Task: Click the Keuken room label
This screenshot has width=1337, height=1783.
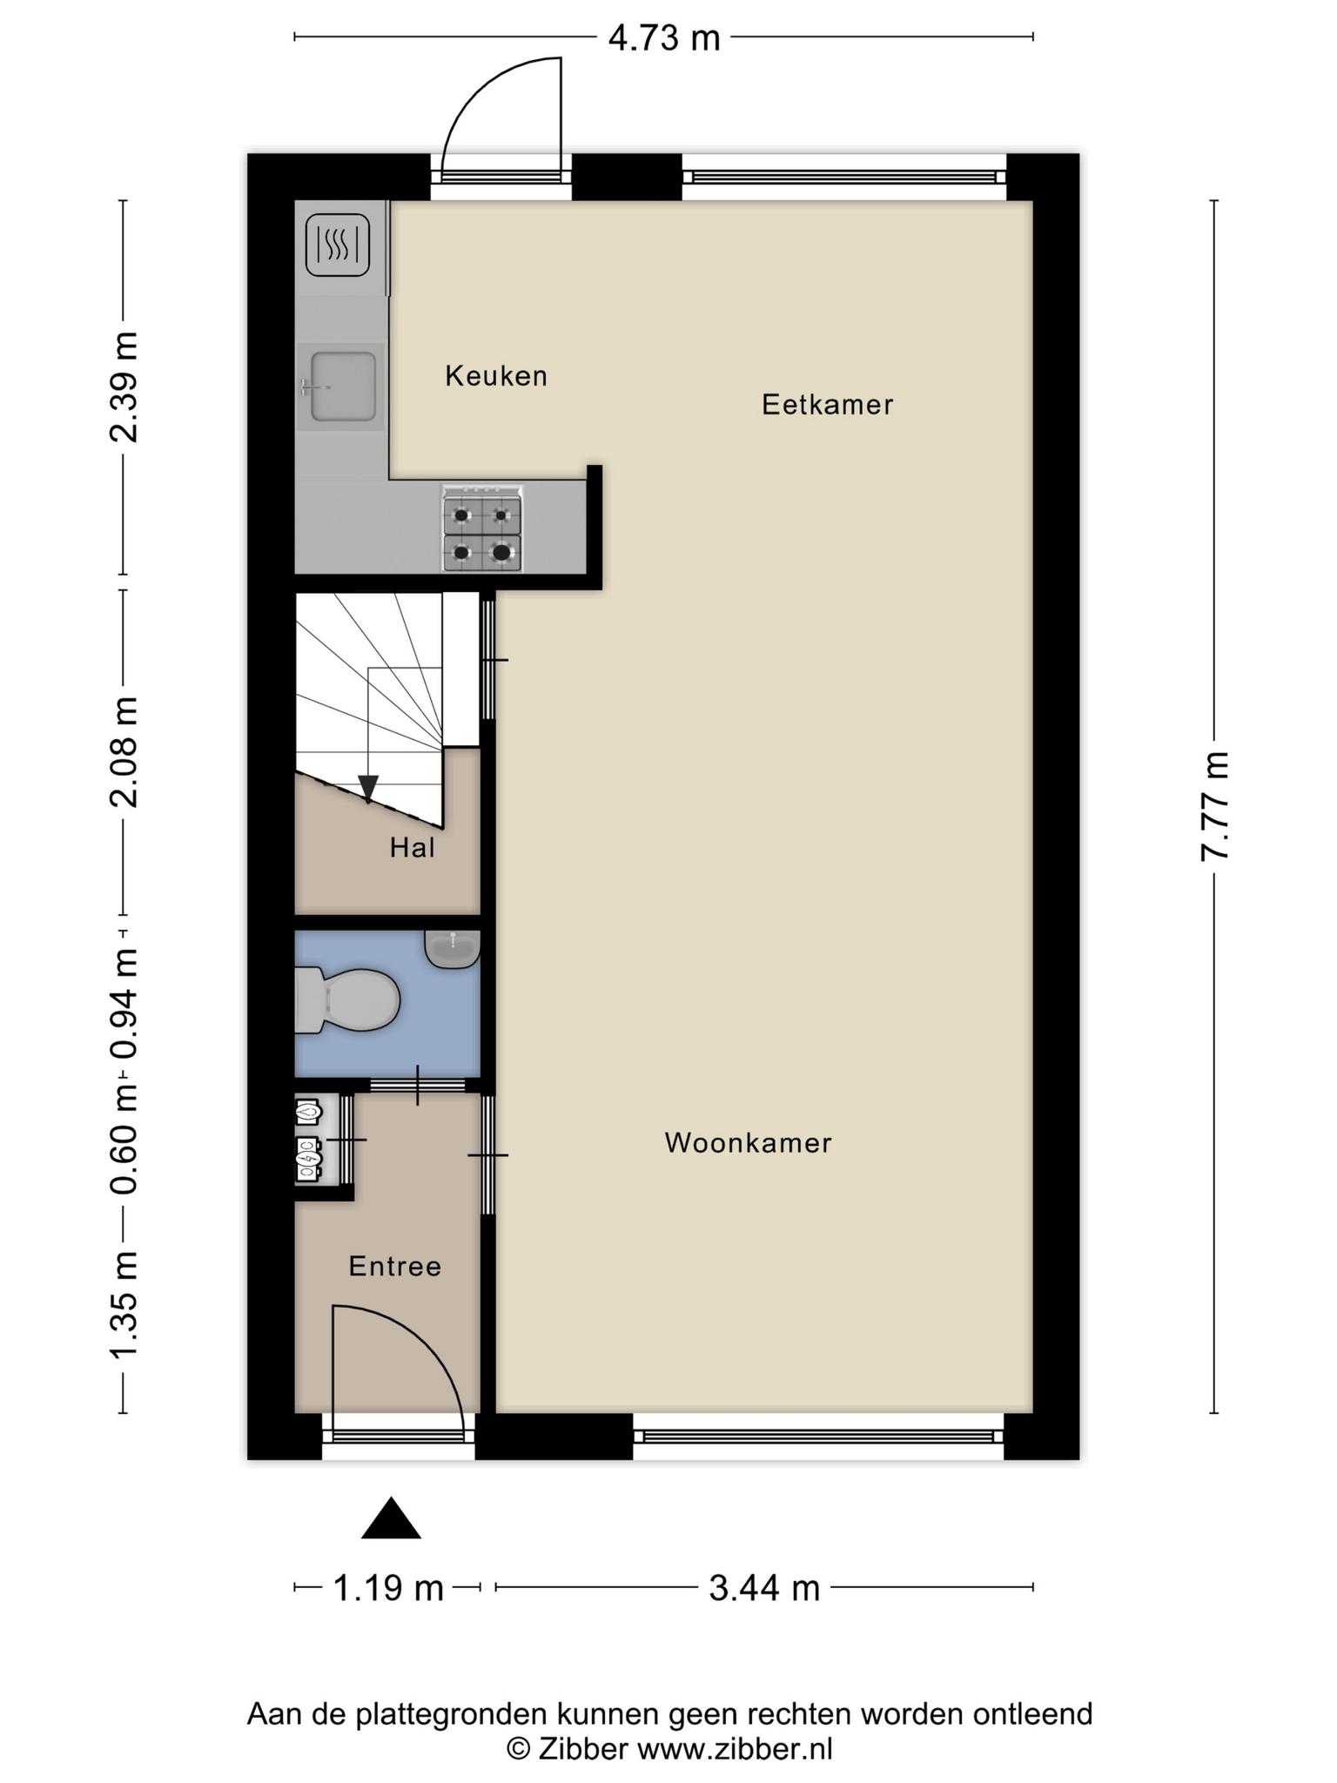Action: coord(496,376)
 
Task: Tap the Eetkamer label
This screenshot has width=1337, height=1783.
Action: coord(828,405)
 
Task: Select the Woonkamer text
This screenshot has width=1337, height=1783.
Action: coord(749,1143)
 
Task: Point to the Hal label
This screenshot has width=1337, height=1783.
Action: coord(413,848)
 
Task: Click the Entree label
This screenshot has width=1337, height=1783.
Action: coord(395,1267)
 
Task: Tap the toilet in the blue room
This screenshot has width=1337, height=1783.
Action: coord(347,1000)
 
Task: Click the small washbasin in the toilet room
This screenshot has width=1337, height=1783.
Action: coord(453,949)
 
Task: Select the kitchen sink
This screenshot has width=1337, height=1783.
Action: coord(340,387)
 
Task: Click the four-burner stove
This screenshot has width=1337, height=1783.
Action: coord(482,529)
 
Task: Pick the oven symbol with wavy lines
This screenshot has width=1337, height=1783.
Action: coord(338,246)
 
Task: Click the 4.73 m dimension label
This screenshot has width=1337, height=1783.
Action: coord(665,39)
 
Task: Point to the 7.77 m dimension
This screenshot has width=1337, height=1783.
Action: coord(1215,806)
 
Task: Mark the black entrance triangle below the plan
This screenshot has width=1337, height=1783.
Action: coord(392,1519)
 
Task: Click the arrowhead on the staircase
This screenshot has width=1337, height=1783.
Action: coord(368,788)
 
